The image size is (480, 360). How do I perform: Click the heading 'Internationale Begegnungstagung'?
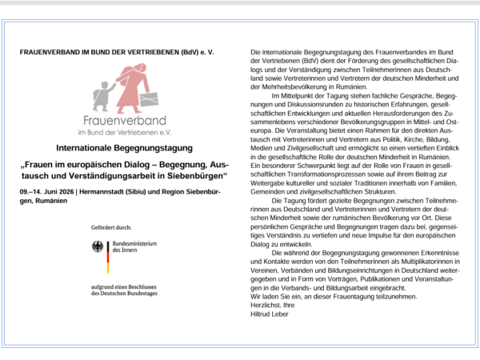(125, 149)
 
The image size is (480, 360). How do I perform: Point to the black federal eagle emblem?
(98, 248)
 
